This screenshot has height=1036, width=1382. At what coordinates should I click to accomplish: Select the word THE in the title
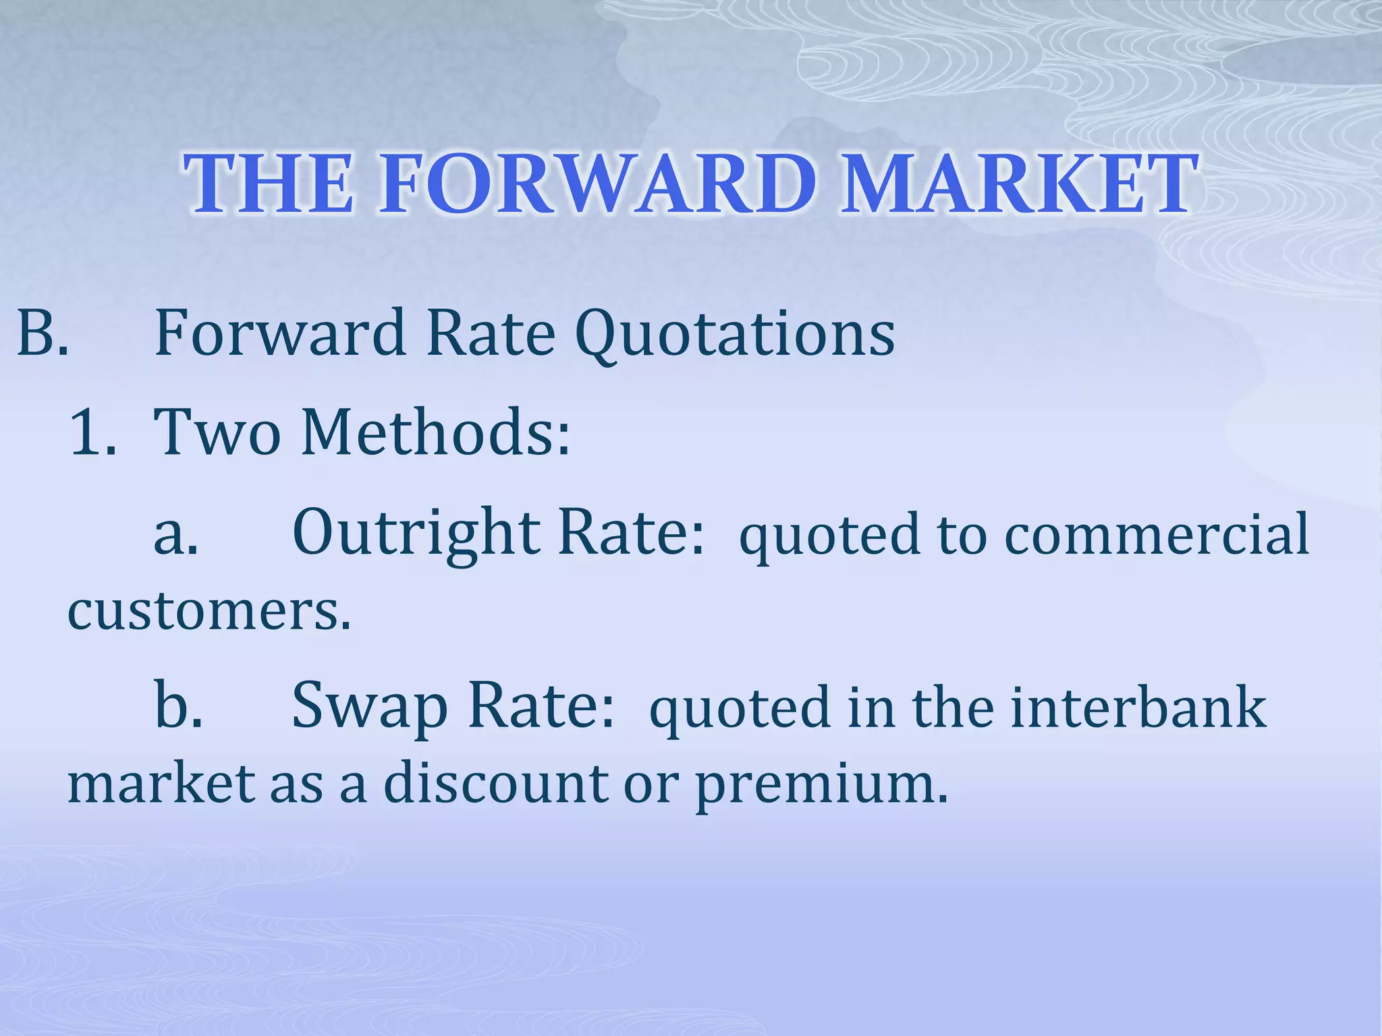coord(269,183)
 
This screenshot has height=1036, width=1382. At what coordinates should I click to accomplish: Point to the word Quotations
coord(735,334)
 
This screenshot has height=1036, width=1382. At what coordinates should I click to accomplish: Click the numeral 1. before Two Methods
coord(92,432)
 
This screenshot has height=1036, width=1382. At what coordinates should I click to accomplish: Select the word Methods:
coord(436,432)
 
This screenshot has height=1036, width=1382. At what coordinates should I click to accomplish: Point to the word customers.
coord(209,610)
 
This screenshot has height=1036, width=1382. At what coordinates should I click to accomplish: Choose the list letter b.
coord(178,706)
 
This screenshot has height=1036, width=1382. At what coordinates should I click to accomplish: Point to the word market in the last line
coord(161,784)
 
